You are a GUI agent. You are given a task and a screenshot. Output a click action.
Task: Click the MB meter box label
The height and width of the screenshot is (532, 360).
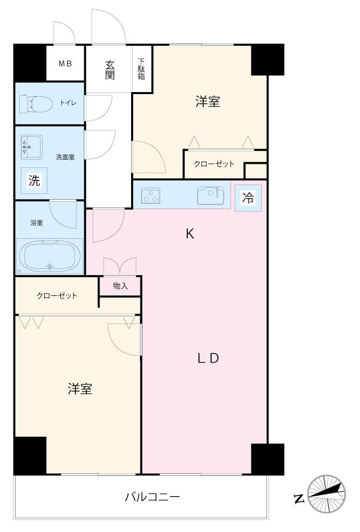[x=65, y=64]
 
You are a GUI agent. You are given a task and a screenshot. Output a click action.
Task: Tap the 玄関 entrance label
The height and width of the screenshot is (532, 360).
[x=110, y=70]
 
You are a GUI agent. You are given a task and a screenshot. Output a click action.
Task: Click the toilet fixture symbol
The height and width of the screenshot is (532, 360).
[x=35, y=103]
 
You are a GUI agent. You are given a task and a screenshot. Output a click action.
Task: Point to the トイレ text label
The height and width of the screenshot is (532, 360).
[x=68, y=103]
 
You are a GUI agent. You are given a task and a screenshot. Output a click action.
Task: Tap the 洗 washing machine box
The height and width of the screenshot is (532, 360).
[x=34, y=181]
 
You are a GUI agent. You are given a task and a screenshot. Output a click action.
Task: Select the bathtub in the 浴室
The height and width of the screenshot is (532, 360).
[x=50, y=256]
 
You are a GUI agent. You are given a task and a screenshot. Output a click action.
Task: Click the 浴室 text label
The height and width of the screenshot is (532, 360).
[x=36, y=223]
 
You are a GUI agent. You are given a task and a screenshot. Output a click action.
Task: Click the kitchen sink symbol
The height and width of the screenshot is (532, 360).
[x=210, y=196]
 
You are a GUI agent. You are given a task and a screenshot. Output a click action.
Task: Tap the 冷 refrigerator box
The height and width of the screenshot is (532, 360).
[x=248, y=198]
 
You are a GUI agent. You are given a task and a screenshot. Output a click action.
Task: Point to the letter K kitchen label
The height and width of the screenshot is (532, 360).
[x=190, y=234]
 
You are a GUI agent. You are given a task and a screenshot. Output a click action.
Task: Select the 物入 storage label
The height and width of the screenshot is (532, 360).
[x=120, y=286]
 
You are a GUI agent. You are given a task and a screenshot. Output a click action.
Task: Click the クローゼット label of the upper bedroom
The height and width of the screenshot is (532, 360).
[x=214, y=164]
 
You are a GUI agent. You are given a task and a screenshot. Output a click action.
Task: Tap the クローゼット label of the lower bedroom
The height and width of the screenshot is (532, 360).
[x=57, y=296]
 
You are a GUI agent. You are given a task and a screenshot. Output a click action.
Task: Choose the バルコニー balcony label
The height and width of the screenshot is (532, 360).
[x=152, y=497]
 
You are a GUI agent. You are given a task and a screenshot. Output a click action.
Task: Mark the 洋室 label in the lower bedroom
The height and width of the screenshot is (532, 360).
[x=80, y=389]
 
